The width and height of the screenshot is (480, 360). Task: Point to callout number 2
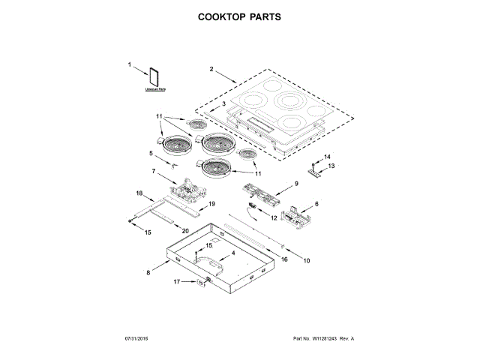pyautogui.click(x=211, y=70)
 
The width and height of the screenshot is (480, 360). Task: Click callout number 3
pyautogui.click(x=223, y=103)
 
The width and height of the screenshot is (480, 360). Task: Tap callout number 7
pyautogui.click(x=153, y=171)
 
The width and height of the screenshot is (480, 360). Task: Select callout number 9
pyautogui.click(x=295, y=184)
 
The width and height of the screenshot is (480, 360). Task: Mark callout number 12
pyautogui.click(x=274, y=217)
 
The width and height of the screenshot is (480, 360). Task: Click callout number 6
pyautogui.click(x=316, y=203)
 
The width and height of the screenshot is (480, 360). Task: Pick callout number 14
pyautogui.click(x=326, y=156)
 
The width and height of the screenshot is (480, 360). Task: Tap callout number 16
pyautogui.click(x=284, y=259)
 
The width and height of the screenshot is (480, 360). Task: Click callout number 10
pyautogui.click(x=306, y=261)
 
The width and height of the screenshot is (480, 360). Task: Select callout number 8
pyautogui.click(x=148, y=273)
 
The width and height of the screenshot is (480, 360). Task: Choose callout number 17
pyautogui.click(x=177, y=282)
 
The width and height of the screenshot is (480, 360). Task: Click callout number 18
pyautogui.click(x=139, y=193)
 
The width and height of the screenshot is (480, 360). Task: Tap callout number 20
pyautogui.click(x=185, y=231)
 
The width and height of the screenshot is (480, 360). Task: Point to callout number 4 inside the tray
pyautogui.click(x=232, y=253)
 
